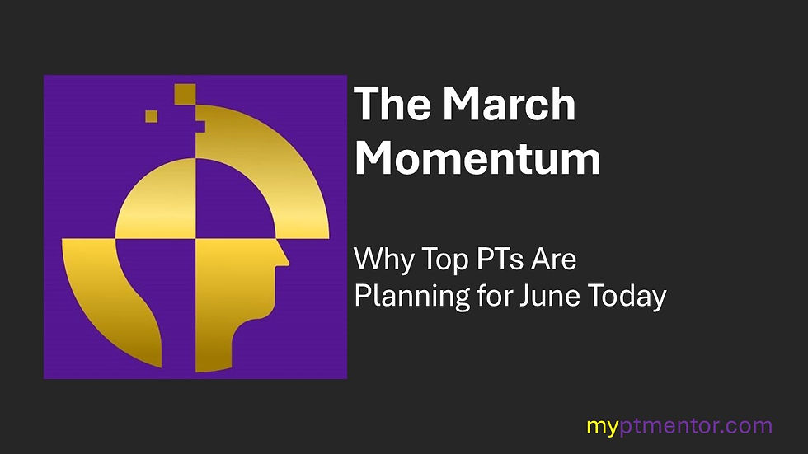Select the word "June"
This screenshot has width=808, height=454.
(x=526, y=295)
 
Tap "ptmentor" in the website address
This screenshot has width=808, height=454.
(x=666, y=427)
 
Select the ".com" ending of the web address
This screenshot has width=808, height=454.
(x=748, y=427)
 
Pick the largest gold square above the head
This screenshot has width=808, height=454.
(x=185, y=94)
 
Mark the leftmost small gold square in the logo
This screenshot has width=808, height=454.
(x=152, y=116)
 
